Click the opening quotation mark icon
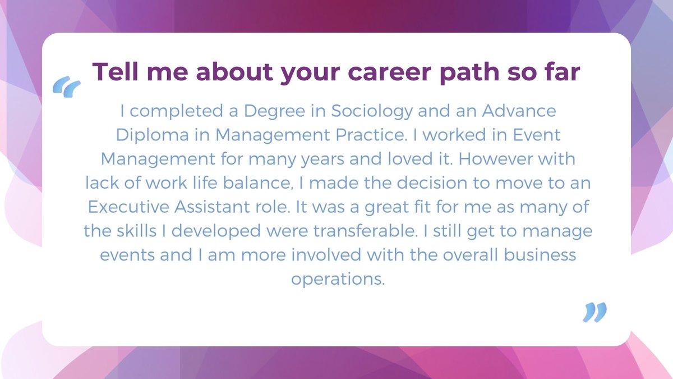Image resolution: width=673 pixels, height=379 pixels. (67, 86)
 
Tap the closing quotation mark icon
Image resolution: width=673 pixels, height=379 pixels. (595, 312)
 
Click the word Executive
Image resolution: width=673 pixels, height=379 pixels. (128, 207)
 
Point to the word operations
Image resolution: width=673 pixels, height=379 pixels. (338, 279)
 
